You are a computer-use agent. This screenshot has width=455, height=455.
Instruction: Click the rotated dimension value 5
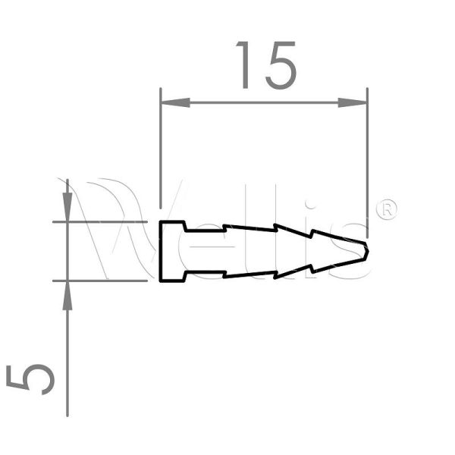[32, 378]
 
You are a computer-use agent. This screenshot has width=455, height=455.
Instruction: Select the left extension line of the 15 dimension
[161, 152]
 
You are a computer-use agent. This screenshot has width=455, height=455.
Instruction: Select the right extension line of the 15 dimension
[367, 152]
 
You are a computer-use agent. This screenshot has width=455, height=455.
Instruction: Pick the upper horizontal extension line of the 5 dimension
[99, 222]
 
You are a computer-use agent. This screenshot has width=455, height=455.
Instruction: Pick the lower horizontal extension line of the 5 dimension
[99, 281]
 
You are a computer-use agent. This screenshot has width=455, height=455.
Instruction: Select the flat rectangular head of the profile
[172, 252]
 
